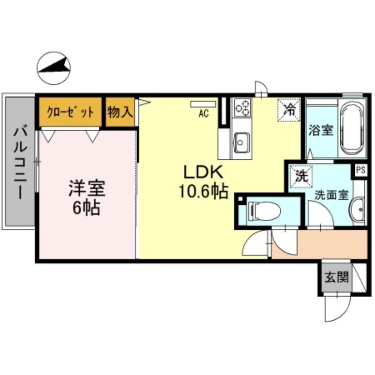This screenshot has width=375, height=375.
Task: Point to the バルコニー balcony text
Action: [19, 162]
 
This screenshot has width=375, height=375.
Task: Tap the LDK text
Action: [201, 173]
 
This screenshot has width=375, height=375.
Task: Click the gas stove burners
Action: [243, 108]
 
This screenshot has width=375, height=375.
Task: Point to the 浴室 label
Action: [321, 130]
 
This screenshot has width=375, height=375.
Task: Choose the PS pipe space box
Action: [360, 170]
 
